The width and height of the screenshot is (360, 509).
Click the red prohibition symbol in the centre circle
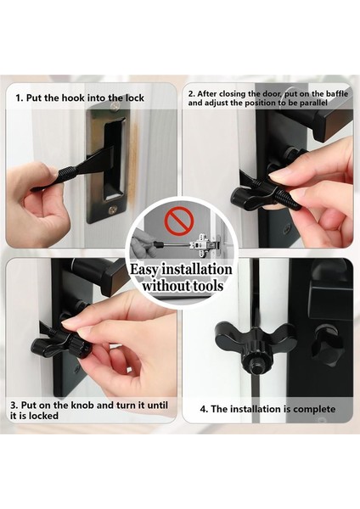pyautogui.click(x=178, y=221)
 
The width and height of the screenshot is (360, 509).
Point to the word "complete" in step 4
pyautogui.click(x=314, y=409)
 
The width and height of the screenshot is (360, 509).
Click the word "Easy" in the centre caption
pyautogui.click(x=144, y=270)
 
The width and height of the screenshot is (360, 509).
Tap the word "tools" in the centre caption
pyautogui.click(x=211, y=286)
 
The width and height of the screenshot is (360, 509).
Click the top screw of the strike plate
pyautogui.click(x=114, y=106)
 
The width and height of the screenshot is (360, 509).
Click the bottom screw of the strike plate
pyautogui.click(x=112, y=210)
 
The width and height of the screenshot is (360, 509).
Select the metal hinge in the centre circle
pyautogui.click(x=205, y=243)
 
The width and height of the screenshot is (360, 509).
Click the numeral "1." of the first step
pyautogui.click(x=20, y=98)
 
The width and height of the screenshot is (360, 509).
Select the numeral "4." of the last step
pyautogui.click(x=204, y=410)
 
